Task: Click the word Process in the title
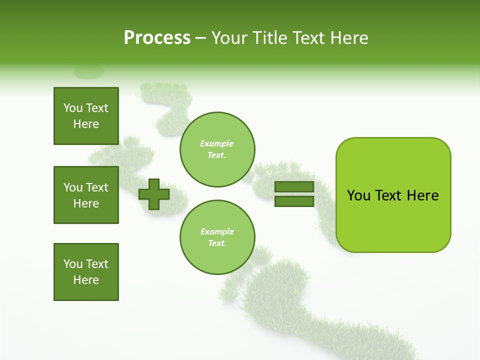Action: click(x=157, y=38)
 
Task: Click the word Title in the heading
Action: click(x=268, y=38)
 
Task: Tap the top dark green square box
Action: click(x=86, y=116)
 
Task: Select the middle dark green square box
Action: click(x=86, y=195)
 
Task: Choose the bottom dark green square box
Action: click(x=86, y=272)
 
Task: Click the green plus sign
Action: click(x=154, y=194)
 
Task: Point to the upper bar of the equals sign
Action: click(x=294, y=187)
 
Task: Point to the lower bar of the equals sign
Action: click(x=294, y=201)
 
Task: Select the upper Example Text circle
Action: click(x=217, y=149)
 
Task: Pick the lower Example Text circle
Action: click(x=217, y=237)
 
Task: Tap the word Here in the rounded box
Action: click(x=422, y=195)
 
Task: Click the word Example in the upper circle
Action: click(x=217, y=143)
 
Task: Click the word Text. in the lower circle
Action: click(x=217, y=243)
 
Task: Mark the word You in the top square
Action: click(x=73, y=108)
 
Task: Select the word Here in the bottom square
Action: click(x=86, y=280)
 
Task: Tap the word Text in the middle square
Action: click(x=97, y=187)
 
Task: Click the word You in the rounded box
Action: click(x=358, y=195)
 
